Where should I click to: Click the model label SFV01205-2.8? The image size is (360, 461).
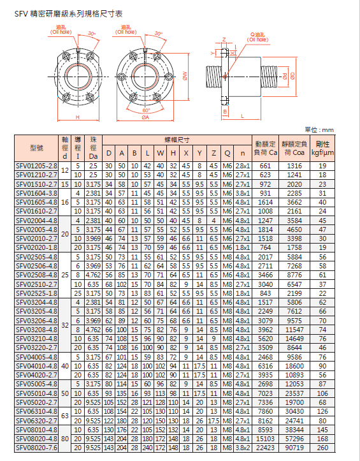[x=36, y=166]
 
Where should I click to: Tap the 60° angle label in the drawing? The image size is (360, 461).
[x=147, y=109]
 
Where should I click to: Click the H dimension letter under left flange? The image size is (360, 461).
[x=76, y=119]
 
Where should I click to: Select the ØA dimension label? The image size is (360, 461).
[x=145, y=118]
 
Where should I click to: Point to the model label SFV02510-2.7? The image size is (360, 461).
[x=36, y=284]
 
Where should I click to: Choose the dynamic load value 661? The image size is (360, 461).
[x=266, y=166]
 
